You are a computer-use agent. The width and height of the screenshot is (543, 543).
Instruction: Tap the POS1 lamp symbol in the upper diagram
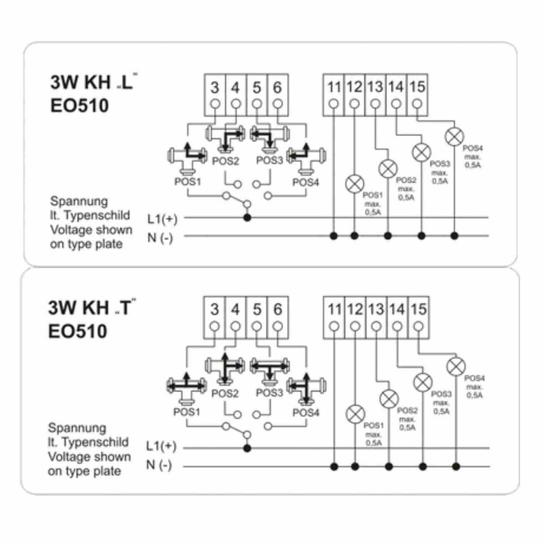point(354,183)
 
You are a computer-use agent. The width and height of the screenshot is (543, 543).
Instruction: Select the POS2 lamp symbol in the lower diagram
point(389,397)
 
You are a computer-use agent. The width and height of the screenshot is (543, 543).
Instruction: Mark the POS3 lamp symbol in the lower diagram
point(422,381)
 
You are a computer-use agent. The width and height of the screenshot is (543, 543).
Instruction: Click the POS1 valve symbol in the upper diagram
point(183,157)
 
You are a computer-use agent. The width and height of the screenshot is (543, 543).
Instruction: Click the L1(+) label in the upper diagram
point(161,219)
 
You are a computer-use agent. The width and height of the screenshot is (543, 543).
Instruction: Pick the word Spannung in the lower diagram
point(77,428)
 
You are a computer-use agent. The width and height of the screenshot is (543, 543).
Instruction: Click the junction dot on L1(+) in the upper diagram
point(246,218)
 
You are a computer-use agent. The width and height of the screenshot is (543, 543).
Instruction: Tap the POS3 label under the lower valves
point(269,392)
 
